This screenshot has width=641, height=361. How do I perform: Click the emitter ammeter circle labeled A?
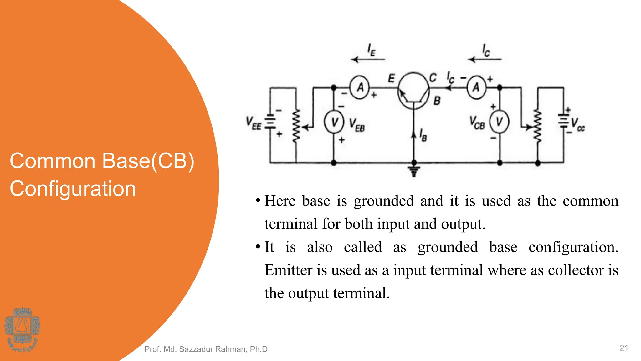pos(360,87)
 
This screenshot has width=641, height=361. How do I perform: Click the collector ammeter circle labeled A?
pos(476,87)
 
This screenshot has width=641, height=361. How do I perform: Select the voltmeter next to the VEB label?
pos(334,122)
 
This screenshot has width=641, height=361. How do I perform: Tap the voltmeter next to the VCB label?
pos(499,122)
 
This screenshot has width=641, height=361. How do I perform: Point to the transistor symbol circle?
pos(413,91)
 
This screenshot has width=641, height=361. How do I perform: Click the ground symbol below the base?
pos(414,171)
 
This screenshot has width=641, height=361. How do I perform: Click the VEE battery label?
pos(253,123)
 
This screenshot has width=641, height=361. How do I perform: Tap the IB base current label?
pos(423,135)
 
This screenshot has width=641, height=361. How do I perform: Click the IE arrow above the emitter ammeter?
pos(368,59)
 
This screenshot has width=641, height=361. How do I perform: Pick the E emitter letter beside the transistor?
pos(391,78)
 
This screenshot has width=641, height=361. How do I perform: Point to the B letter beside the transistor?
pos(437,101)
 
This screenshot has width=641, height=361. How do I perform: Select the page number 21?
pos(624,348)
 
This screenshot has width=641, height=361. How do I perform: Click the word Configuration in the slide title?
pos(73,189)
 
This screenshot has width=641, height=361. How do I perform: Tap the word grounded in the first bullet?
pos(384,201)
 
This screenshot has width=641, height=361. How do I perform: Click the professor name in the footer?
pos(206,349)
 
